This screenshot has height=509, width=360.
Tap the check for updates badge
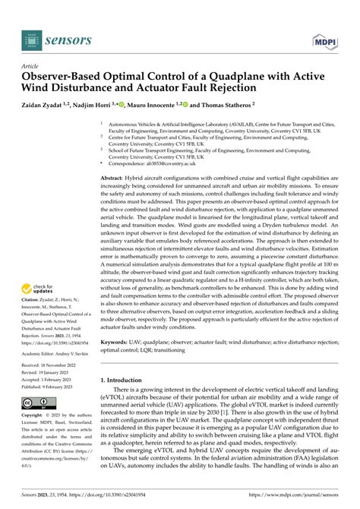pyautogui.click(x=40, y=289)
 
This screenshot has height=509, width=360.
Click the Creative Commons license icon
pyautogui.click(x=37, y=402)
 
